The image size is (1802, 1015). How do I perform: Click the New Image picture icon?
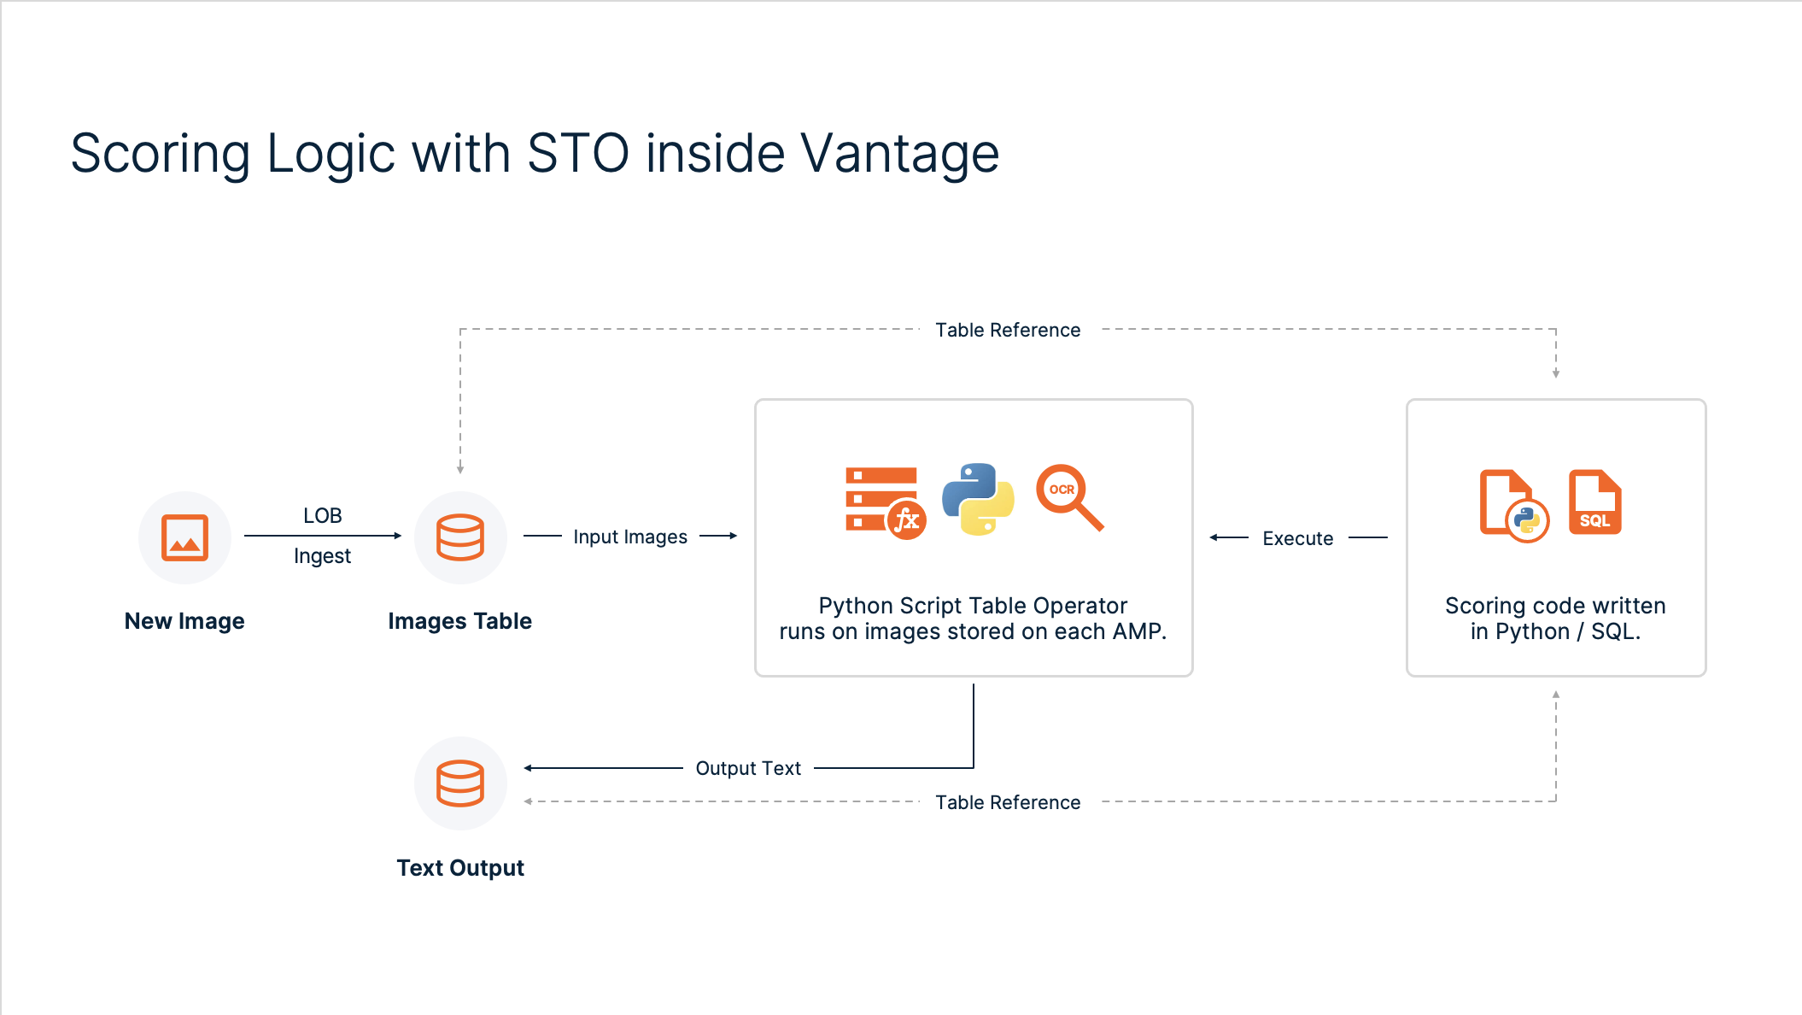pyautogui.click(x=184, y=537)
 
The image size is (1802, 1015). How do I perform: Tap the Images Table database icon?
pyautogui.click(x=460, y=537)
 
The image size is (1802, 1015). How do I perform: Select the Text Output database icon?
pyautogui.click(x=460, y=783)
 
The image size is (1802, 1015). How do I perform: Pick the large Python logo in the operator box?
pyautogui.click(x=978, y=499)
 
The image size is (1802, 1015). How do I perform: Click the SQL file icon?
pyautogui.click(x=1594, y=502)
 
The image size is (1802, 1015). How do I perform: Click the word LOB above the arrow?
pyautogui.click(x=322, y=516)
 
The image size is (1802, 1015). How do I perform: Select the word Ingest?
pyautogui.click(x=322, y=556)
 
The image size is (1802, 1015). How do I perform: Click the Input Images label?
pyautogui.click(x=630, y=537)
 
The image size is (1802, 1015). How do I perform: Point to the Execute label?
pyautogui.click(x=1297, y=538)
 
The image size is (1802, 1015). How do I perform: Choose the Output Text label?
pyautogui.click(x=748, y=768)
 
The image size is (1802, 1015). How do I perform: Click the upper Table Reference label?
pyautogui.click(x=1008, y=330)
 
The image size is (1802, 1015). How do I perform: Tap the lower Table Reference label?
pyautogui.click(x=1008, y=802)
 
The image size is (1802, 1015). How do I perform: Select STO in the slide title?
pyautogui.click(x=578, y=154)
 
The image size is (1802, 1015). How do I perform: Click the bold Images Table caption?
pyautogui.click(x=459, y=621)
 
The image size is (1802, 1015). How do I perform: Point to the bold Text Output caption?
pyautogui.click(x=460, y=868)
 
